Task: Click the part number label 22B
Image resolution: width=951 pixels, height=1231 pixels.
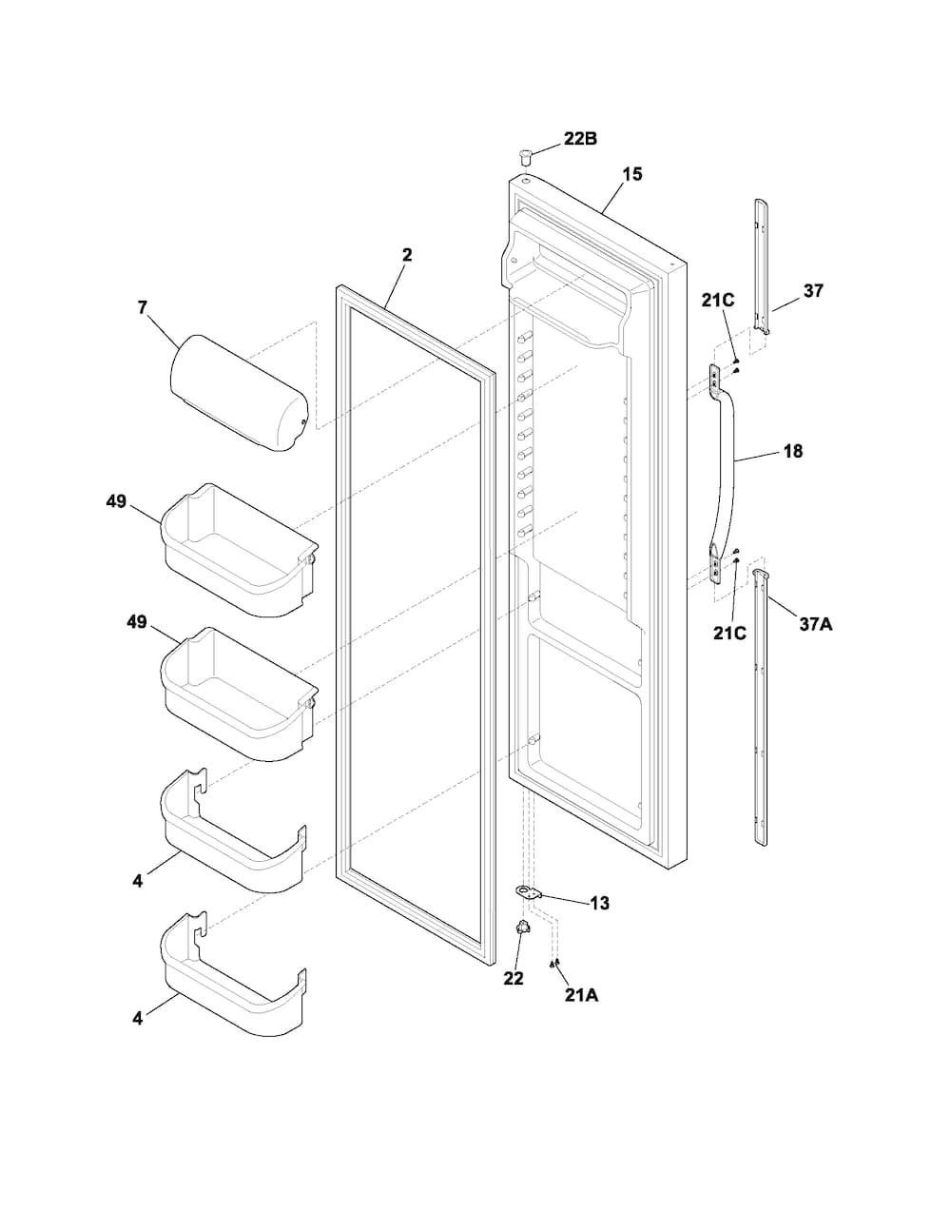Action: tap(580, 139)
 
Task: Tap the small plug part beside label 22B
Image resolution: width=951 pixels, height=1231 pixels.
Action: tap(525, 155)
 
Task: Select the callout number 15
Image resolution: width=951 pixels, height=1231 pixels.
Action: tap(632, 174)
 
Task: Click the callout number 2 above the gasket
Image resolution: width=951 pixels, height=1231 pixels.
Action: tap(407, 255)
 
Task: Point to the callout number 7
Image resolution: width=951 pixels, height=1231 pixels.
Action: tap(142, 307)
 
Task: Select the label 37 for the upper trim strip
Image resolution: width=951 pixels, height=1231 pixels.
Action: tap(813, 291)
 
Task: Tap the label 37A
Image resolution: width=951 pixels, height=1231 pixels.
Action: tap(816, 624)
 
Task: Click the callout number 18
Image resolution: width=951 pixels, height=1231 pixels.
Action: tap(792, 452)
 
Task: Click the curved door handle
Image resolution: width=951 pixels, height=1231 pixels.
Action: tap(725, 473)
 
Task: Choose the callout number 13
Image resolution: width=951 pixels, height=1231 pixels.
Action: tap(599, 903)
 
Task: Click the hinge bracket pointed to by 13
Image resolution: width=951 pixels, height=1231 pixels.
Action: tap(528, 892)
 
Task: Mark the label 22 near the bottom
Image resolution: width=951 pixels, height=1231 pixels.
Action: tap(514, 978)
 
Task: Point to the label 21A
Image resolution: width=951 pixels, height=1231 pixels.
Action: tap(581, 995)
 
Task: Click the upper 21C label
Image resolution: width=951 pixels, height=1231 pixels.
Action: tap(718, 301)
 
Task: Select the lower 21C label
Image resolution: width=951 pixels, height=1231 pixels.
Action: tap(729, 633)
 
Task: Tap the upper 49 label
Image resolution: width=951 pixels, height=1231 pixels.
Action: tap(116, 502)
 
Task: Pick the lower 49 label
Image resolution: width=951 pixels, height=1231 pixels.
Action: tap(136, 622)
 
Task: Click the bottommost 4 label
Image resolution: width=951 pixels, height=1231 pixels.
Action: tap(138, 1018)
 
